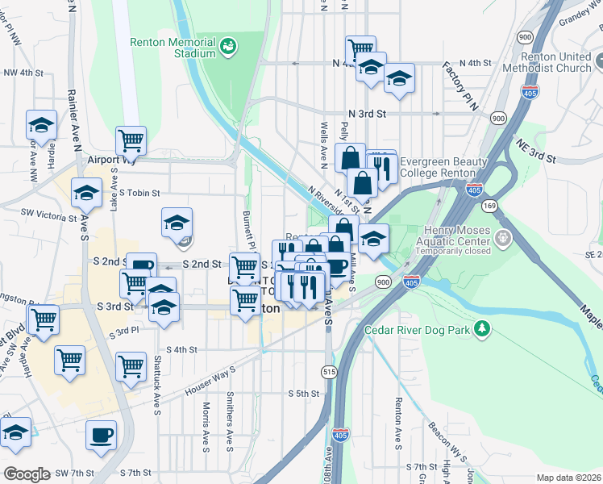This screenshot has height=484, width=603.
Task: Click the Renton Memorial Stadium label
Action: [x=173, y=48]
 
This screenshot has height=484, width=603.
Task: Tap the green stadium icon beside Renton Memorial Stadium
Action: [x=229, y=45]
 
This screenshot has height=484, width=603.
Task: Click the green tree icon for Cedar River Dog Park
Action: [x=482, y=328]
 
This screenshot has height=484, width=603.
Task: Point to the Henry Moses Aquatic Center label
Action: [x=457, y=241]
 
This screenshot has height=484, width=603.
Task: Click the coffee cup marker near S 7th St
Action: [x=102, y=436]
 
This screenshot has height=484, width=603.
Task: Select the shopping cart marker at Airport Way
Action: [x=131, y=140]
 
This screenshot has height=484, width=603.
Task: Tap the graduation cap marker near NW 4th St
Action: [x=41, y=125]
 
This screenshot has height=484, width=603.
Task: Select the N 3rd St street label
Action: [x=368, y=115]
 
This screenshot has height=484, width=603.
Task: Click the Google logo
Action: [x=27, y=474]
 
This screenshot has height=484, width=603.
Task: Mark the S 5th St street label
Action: [x=304, y=394]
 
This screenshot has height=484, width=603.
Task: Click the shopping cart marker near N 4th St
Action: [x=360, y=50]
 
